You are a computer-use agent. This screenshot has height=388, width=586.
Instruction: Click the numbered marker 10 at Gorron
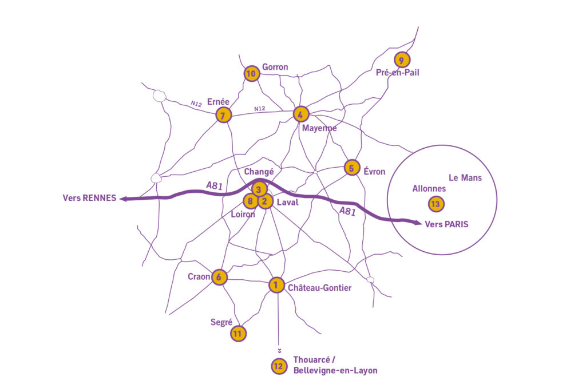251,73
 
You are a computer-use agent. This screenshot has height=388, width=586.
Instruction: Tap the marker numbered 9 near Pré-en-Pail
402,60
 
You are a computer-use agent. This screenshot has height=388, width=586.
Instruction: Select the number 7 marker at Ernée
223,116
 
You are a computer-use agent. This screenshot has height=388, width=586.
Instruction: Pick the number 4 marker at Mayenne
300,114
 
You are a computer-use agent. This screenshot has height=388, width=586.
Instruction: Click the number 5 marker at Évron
351,168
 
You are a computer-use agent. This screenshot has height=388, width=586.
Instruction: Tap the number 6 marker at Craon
219,277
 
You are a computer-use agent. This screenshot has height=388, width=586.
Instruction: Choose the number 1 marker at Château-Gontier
276,284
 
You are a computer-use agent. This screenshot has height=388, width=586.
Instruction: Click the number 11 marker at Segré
238,333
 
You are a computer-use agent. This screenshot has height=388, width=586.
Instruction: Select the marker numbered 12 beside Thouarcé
279,366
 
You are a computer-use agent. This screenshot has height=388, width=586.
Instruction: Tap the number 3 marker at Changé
259,189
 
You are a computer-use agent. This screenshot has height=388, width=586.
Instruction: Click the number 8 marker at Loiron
251,201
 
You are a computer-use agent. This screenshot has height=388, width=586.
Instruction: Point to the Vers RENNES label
89,198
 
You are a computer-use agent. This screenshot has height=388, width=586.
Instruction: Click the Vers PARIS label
446,224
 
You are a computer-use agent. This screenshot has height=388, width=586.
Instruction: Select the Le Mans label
465,178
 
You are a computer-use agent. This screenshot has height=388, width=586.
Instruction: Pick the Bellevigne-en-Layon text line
335,371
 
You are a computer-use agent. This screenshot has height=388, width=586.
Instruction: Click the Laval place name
287,203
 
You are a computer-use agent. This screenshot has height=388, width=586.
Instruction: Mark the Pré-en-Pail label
398,73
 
